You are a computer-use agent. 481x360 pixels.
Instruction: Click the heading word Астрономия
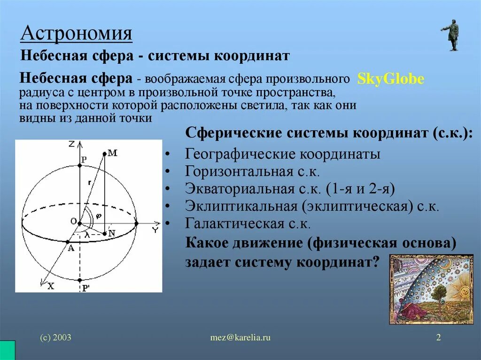click(77, 34)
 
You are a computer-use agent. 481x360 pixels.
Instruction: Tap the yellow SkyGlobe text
click(390, 79)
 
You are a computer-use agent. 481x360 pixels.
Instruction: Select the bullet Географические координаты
click(282, 154)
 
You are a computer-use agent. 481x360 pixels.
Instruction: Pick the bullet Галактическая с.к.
click(248, 223)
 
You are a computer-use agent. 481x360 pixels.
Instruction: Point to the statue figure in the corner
click(452, 35)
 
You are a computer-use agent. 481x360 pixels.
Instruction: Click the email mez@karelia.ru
click(240, 337)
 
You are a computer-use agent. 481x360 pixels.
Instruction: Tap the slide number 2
click(438, 337)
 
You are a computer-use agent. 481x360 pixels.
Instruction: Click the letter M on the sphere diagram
click(112, 153)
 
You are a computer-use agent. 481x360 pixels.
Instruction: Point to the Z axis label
click(71, 145)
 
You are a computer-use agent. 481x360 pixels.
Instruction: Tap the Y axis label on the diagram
click(155, 230)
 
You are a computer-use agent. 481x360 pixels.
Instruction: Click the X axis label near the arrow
click(50, 286)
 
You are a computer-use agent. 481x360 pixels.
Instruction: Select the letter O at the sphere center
click(73, 221)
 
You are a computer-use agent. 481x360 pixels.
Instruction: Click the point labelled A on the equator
click(70, 248)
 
